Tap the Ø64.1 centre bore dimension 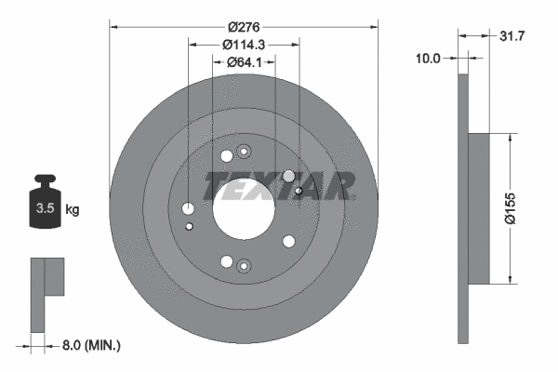[244, 63]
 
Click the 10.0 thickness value [428, 58]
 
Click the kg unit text [73, 209]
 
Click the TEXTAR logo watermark [279, 185]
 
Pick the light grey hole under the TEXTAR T [288, 176]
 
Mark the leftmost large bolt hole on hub [189, 208]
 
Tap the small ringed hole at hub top [244, 152]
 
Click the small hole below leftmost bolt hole [190, 226]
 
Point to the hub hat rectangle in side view [477, 209]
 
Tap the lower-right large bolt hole [288, 242]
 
